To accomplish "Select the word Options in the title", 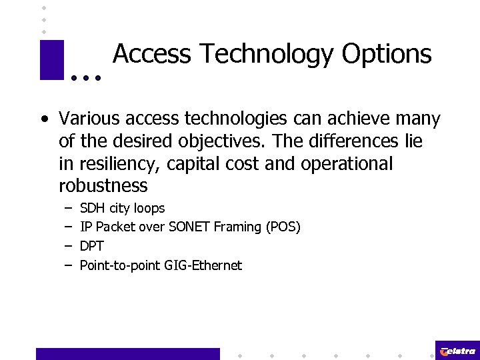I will (387, 54).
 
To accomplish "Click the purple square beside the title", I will (51, 60).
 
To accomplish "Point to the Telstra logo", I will (457, 351).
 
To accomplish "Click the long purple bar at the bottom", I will (127, 353).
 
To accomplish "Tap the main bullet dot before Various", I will (43, 120).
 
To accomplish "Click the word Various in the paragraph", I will (86, 119).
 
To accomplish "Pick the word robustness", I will (103, 185).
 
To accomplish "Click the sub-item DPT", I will (92, 246).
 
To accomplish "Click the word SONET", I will (190, 227).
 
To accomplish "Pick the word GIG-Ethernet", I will (207, 265).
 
